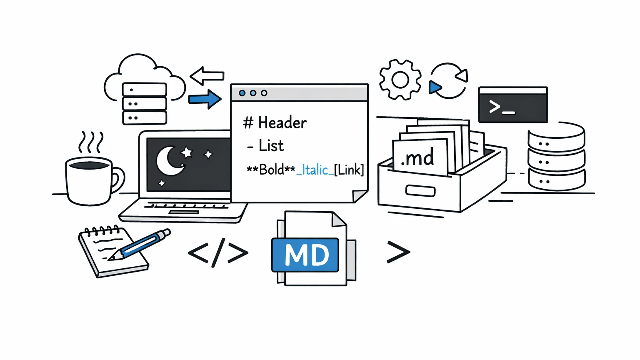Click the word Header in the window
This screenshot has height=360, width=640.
click(282, 123)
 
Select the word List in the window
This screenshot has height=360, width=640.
click(271, 146)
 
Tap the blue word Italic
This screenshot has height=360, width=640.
click(315, 170)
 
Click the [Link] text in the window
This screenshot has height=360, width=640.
click(349, 170)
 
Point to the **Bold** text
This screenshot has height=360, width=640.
click(271, 170)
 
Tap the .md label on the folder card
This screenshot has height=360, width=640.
click(417, 158)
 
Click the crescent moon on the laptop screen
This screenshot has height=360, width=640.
click(169, 161)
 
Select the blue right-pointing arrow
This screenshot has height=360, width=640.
click(205, 99)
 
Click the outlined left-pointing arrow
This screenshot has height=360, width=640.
click(207, 76)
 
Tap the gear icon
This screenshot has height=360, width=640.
click(400, 80)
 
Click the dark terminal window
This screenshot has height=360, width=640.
click(513, 105)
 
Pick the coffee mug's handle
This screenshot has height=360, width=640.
click(117, 179)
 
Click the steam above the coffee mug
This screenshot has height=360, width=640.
click(91, 142)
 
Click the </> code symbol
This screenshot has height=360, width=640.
click(218, 252)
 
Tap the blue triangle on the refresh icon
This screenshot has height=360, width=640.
click(435, 87)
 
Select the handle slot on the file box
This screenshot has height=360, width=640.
click(420, 191)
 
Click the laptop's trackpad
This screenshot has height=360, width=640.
click(184, 212)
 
